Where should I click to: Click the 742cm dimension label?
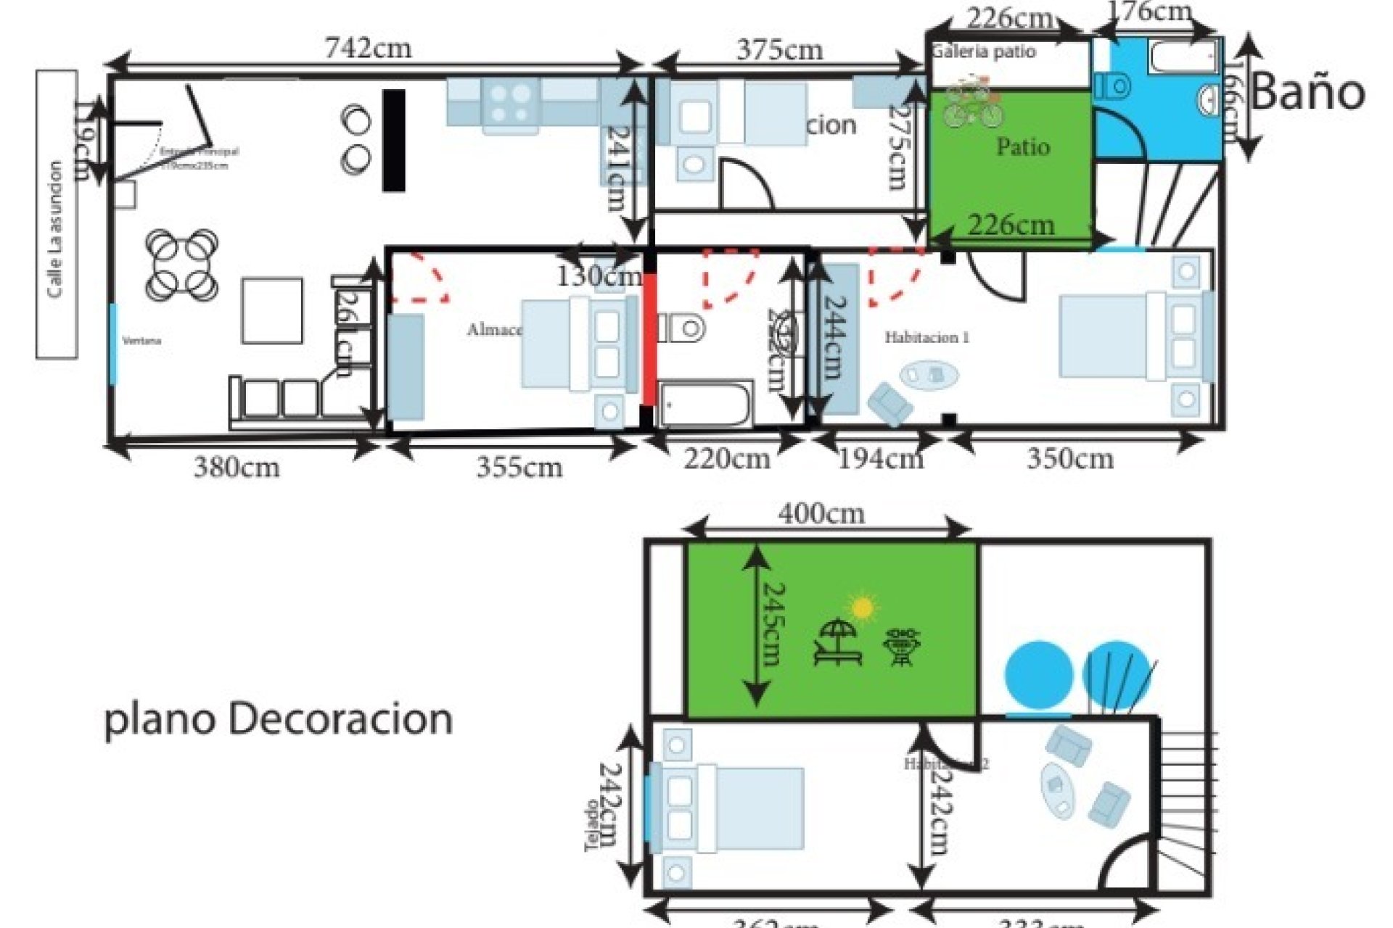coord(368,49)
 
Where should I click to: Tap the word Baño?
coord(1307,93)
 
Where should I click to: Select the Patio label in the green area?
coord(1023,146)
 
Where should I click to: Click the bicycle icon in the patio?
coord(972,106)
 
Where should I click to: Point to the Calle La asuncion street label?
coord(55,229)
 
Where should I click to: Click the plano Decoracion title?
coord(279,719)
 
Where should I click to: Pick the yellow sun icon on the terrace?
coord(862,608)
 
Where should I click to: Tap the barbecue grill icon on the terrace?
coord(902,647)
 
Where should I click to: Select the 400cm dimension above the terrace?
coord(822,514)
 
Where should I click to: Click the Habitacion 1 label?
coord(926,337)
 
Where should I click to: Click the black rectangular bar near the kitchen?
coord(393,140)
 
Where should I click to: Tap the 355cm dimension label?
coord(519,468)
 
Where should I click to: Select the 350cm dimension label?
coord(1069,459)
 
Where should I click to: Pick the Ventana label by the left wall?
coord(141,341)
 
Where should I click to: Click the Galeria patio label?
coord(984,52)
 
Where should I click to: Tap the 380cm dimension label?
coord(237,468)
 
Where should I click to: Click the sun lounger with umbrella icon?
coord(838,642)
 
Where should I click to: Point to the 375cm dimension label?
coord(780,50)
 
